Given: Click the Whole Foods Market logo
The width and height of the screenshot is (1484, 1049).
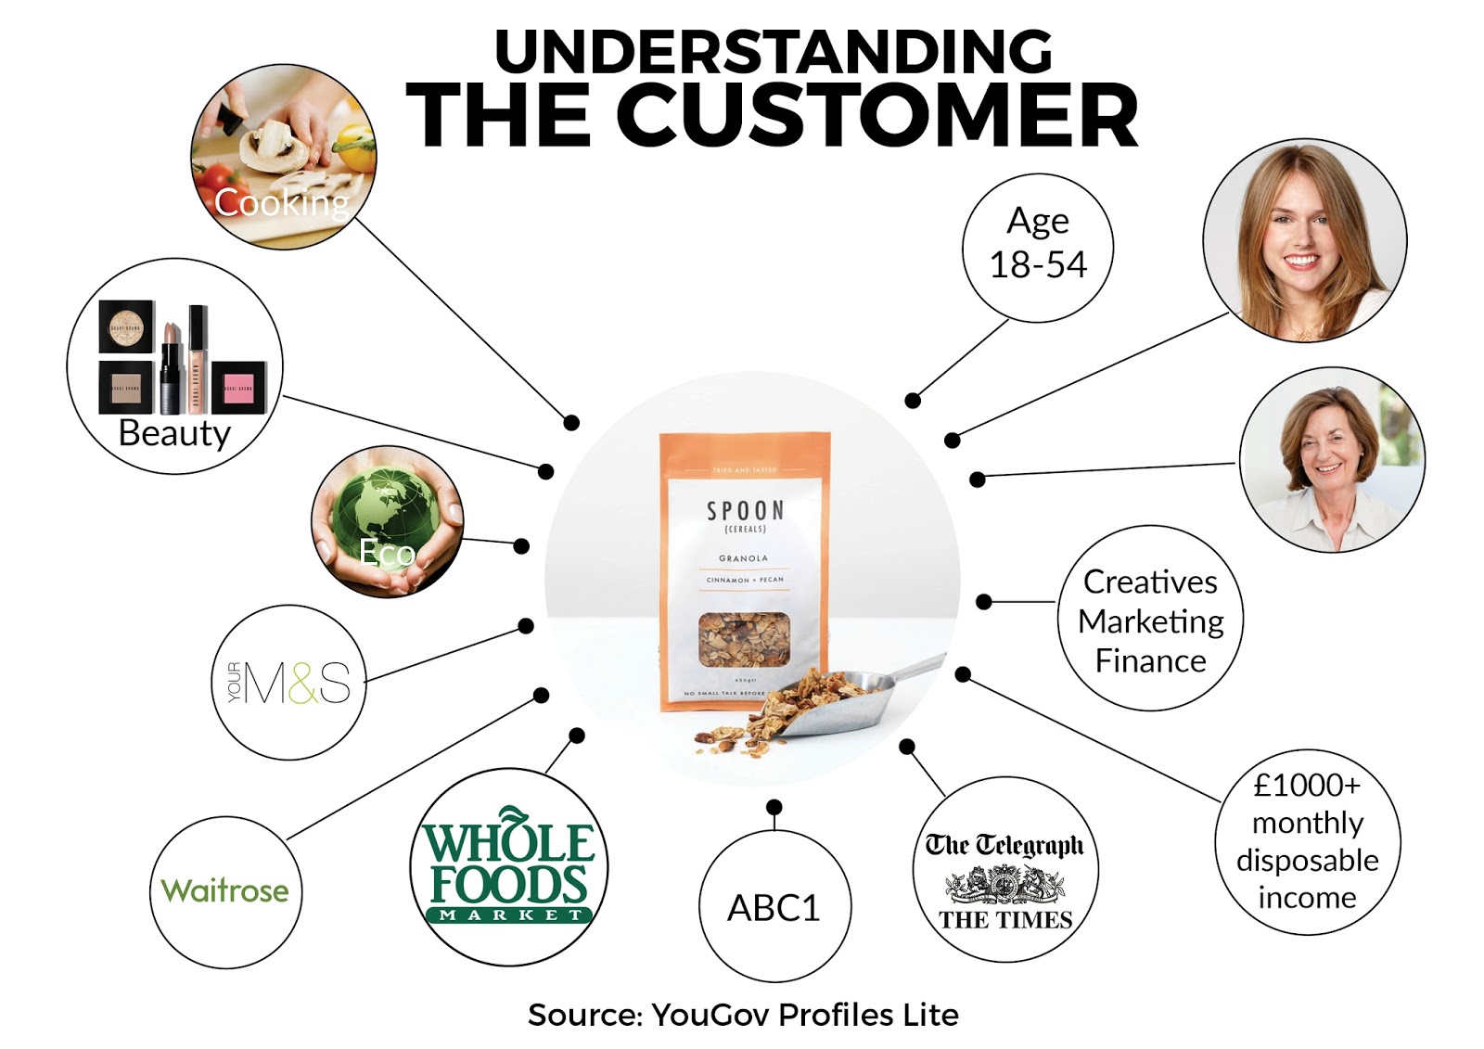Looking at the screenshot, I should (508, 866).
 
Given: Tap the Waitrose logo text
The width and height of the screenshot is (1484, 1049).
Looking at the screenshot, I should (224, 890).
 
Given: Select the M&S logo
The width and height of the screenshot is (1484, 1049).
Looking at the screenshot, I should (289, 684).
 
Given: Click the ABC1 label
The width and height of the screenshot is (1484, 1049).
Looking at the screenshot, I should (774, 908).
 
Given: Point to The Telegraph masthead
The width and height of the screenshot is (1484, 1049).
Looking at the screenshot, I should (1004, 845).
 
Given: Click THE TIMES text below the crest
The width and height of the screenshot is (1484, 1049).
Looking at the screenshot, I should (1005, 920).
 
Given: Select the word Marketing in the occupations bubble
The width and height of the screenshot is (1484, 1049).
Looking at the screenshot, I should (1150, 621).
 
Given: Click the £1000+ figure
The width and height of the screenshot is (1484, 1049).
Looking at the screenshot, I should (1307, 786).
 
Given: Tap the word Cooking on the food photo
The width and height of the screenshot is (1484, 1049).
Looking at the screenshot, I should (281, 202).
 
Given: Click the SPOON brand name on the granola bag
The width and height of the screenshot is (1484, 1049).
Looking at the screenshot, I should (745, 511).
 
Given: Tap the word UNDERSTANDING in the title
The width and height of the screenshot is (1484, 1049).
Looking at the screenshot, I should (774, 51).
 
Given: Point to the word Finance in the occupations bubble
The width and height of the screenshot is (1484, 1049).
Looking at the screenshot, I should (1150, 661).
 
